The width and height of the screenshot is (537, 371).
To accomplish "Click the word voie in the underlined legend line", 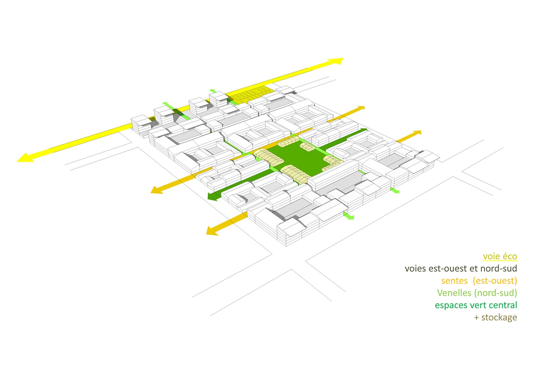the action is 490,256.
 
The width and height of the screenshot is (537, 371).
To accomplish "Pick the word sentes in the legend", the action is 454,281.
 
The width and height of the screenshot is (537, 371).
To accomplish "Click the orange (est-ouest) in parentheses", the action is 495,281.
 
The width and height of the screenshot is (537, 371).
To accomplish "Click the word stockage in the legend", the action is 499,318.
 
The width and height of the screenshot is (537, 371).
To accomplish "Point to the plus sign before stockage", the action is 476,318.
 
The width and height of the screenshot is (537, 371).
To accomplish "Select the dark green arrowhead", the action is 213,196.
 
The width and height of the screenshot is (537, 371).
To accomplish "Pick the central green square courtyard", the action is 302,157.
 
